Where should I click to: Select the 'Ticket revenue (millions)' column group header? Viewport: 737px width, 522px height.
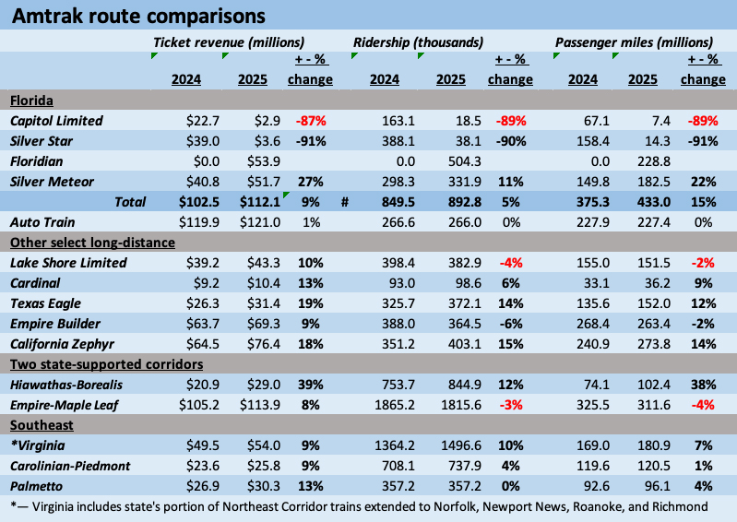(229, 42)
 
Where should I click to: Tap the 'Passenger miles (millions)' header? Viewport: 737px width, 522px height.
(634, 42)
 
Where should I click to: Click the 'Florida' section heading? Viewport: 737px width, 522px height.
(31, 100)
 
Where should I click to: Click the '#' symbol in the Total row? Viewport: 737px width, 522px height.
(342, 202)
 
